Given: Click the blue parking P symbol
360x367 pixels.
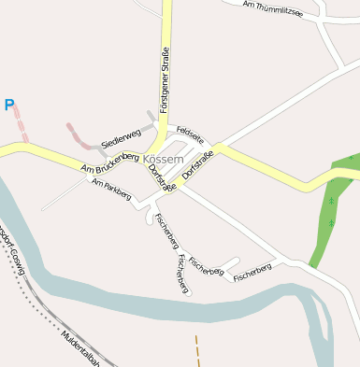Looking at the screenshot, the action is tap(9, 106).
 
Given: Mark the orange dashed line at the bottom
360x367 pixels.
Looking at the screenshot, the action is tap(197, 350).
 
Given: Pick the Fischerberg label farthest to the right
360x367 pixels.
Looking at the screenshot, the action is tap(252, 273).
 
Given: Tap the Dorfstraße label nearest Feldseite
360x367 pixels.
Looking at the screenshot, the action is tap(199, 162).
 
